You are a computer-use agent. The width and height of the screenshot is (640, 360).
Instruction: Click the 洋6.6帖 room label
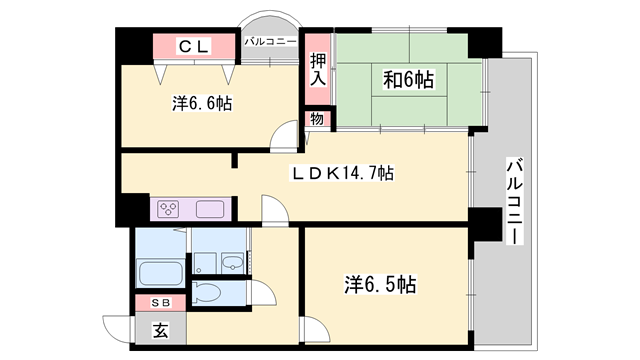(201, 102)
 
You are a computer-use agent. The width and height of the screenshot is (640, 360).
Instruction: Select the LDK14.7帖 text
(342, 173)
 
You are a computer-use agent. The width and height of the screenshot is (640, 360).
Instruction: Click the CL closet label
(193, 46)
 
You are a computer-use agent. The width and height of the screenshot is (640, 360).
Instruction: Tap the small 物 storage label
(317, 119)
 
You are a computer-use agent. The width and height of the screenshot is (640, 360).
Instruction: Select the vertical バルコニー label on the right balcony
(513, 200)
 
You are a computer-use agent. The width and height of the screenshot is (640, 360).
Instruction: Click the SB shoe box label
(160, 302)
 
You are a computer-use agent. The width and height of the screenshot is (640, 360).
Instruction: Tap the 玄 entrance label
(160, 328)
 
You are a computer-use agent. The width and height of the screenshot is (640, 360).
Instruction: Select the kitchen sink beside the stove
(211, 210)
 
